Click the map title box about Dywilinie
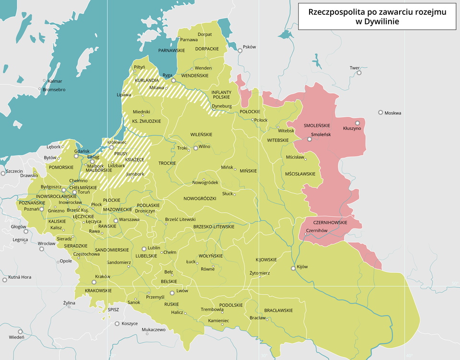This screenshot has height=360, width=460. click(x=377, y=17)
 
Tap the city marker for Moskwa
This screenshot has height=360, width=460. click(x=380, y=112)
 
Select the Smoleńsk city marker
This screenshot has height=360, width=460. click(x=309, y=139)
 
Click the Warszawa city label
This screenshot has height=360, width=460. click(x=129, y=220)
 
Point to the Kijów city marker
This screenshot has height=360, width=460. click(x=293, y=269)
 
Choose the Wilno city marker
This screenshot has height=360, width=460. click(x=195, y=148)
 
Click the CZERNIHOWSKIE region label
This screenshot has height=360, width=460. click(x=330, y=223)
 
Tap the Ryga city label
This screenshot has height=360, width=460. click(x=167, y=75)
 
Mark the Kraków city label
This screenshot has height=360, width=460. click(x=103, y=276)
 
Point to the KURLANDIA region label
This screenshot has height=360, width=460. click(x=147, y=80)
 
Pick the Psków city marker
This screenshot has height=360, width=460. click(x=240, y=50)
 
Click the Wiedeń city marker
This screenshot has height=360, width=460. click(x=20, y=331)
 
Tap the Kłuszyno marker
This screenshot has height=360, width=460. click(x=357, y=124)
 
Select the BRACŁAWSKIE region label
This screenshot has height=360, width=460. click(x=278, y=310)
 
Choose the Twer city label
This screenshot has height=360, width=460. click(x=355, y=68)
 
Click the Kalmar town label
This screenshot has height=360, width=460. click(x=55, y=81)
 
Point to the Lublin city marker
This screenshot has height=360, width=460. click(x=144, y=248)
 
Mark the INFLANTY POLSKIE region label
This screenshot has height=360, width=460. click(x=221, y=94)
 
